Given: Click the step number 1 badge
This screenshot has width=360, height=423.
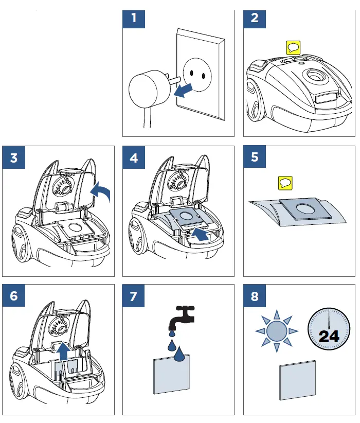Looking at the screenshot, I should click(x=134, y=19).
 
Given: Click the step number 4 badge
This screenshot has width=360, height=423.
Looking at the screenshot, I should click(x=134, y=157).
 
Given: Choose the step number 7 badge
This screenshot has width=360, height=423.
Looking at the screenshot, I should click(x=134, y=295).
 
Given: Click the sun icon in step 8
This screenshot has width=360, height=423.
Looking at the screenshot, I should click(x=277, y=330).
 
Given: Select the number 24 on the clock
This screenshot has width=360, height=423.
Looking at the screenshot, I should click(x=329, y=337).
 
